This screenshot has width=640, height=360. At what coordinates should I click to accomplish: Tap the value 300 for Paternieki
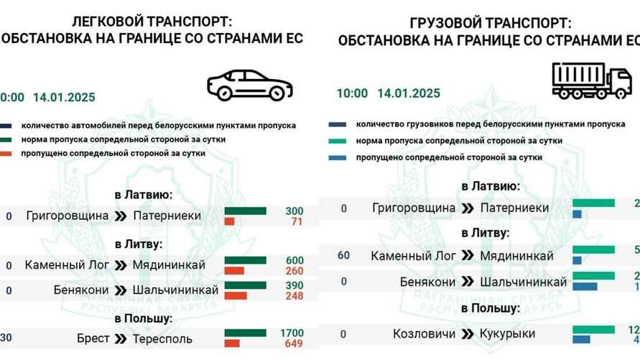(295, 211)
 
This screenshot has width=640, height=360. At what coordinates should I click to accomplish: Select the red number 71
(295, 221)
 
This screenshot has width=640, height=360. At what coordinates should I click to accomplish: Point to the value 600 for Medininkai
(295, 261)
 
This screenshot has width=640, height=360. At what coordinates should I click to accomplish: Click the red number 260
(295, 272)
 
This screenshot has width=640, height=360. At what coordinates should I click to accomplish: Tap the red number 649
(295, 343)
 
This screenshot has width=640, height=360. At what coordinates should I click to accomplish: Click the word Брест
(93, 338)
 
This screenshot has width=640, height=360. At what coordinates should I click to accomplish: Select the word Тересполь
(162, 338)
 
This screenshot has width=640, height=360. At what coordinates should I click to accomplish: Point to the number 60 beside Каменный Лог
(344, 255)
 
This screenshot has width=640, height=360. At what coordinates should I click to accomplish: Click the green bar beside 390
(245, 285)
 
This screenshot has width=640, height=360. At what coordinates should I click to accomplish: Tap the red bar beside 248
(236, 295)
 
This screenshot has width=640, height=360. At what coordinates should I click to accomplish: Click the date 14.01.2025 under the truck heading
(409, 93)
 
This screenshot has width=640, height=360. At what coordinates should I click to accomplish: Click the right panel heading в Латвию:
(491, 186)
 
